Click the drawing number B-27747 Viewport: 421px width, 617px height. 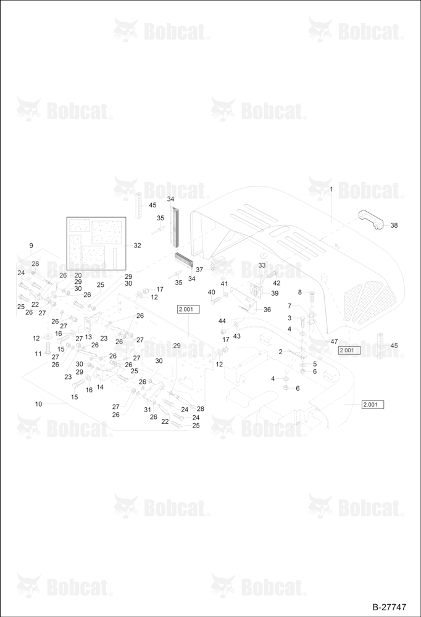[x=389, y=607]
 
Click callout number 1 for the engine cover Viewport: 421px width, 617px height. [x=331, y=189]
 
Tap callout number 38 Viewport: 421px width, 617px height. [x=394, y=225]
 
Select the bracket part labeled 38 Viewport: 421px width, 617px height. [x=370, y=219]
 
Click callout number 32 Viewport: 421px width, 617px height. [x=137, y=245]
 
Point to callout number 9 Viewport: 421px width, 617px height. [x=31, y=246]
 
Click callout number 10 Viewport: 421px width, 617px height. [x=39, y=404]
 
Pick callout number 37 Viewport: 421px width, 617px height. [x=199, y=270]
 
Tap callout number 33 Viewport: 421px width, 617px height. [x=262, y=265]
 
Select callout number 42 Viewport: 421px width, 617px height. [x=277, y=283]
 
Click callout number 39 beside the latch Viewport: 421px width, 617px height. [x=275, y=293]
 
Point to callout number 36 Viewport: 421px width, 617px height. [x=267, y=310]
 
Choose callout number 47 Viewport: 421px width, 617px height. [x=334, y=342]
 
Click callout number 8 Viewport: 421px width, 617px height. [x=300, y=292]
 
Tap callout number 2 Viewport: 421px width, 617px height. [x=280, y=352]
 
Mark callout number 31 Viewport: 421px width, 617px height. [x=148, y=410]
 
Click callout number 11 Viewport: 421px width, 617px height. [x=38, y=354]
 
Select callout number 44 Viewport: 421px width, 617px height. [x=222, y=321]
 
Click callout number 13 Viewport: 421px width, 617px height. [x=88, y=337]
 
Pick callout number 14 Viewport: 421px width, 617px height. [x=100, y=387]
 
